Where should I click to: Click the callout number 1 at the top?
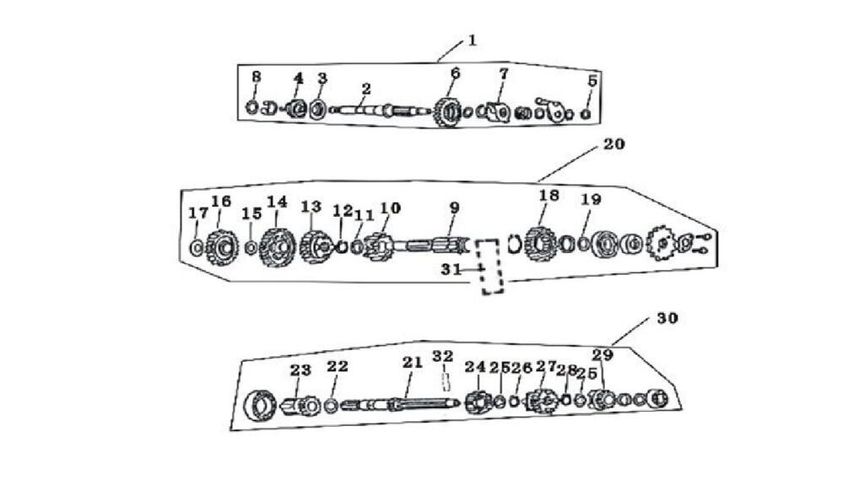pos(472,40)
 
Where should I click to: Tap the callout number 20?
pos(614,143)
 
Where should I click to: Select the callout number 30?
pos(667,318)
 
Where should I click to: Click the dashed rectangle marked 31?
pos(490,266)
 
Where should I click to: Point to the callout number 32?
pos(442,356)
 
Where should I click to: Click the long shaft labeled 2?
pos(381,111)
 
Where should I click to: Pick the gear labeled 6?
pos(447,112)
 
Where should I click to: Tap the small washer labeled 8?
pos(251,107)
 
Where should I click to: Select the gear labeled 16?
pos(222,247)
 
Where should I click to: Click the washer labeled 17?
pos(196,248)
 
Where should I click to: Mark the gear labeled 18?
pos(540,244)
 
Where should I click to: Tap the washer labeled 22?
pos(331,407)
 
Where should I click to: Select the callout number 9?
pos(454,208)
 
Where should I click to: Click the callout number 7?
pos(503,73)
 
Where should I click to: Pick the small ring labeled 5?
pos(586,114)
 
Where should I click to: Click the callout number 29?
pos(602,355)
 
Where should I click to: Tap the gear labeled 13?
pos(316,247)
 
